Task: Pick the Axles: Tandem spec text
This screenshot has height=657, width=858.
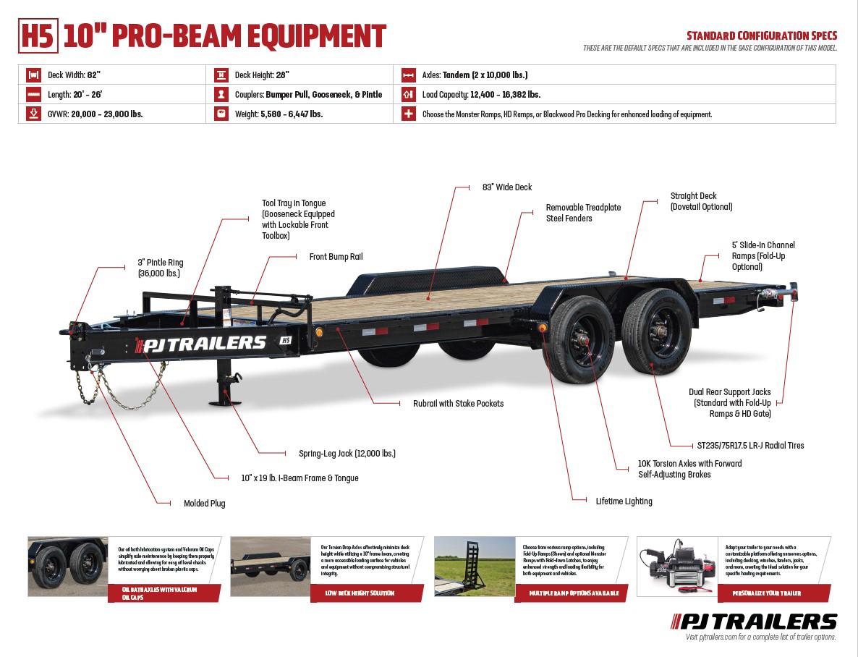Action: point(475,75)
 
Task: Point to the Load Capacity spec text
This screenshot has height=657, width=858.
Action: point(481,94)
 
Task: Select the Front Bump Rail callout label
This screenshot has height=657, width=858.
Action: point(336,257)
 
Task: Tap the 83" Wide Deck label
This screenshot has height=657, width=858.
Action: point(506,187)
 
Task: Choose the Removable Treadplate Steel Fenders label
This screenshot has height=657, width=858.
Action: point(583,213)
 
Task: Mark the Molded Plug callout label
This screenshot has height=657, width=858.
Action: point(205,504)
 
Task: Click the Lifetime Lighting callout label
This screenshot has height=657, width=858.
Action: point(624,501)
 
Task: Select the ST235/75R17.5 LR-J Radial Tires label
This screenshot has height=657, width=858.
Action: point(747,446)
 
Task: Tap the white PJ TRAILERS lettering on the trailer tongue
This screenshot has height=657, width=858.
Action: point(205,344)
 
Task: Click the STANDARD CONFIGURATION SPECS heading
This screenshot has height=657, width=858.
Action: point(761,35)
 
